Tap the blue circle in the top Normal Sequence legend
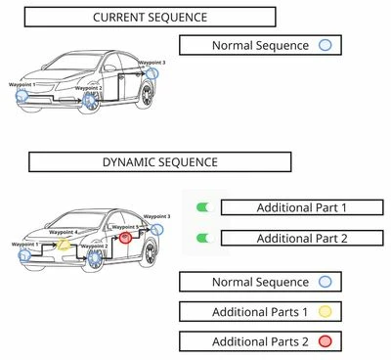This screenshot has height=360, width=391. click(x=326, y=45)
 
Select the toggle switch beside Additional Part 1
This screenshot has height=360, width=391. click(x=203, y=207)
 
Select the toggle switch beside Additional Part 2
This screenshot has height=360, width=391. click(x=203, y=238)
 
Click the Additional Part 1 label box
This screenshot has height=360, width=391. click(x=302, y=207)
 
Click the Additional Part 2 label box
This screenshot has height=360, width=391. click(x=302, y=238)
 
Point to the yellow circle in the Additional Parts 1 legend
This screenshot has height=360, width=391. click(x=326, y=312)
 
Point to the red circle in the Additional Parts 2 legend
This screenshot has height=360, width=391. click(x=326, y=341)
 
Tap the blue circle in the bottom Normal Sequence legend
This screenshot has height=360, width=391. click(x=326, y=283)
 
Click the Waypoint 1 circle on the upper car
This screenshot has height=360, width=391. click(x=22, y=96)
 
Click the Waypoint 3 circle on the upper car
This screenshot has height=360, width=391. click(x=152, y=72)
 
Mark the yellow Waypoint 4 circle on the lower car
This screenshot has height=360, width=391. click(x=64, y=243)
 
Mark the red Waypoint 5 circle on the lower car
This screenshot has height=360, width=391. click(x=125, y=237)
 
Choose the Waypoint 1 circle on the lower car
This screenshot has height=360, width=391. click(x=24, y=254)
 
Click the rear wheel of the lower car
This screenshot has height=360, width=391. click(x=150, y=251)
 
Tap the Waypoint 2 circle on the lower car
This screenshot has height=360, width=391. click(x=94, y=256)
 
